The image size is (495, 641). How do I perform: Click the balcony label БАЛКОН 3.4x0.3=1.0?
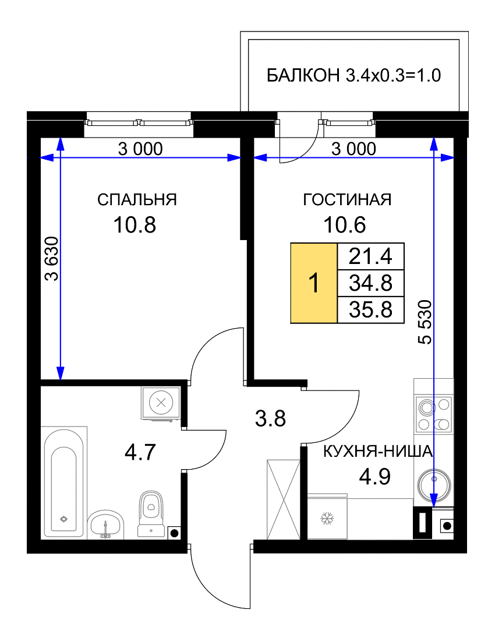pos(353,76)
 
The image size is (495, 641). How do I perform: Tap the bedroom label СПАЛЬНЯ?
pos(137,200)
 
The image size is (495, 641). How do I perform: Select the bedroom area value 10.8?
pos(135,225)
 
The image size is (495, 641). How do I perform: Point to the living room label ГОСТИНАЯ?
pos(347,199)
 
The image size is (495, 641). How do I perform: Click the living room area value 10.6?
pos(345,225)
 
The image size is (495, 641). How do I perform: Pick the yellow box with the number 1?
pos(314,283)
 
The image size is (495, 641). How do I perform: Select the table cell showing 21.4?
pos(370,256)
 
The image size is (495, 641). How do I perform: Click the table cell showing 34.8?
pos(370,283)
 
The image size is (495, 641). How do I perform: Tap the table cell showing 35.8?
pos(370,309)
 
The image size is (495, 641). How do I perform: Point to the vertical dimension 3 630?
pos(52,258)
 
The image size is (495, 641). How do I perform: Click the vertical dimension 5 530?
pos(425,322)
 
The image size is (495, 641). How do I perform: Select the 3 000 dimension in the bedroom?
pos(140,149)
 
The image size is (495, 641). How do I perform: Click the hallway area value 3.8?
pos(270,418)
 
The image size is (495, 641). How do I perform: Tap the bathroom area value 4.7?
pos(140,453)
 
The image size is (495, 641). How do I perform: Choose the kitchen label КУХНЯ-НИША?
pos(378,452)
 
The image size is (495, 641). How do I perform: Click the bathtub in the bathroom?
pos(64,482)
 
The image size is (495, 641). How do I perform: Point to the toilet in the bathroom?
pos(151,513)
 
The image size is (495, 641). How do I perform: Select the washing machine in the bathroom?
pos(161,403)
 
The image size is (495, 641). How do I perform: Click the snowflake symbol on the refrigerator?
pos(327,519)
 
